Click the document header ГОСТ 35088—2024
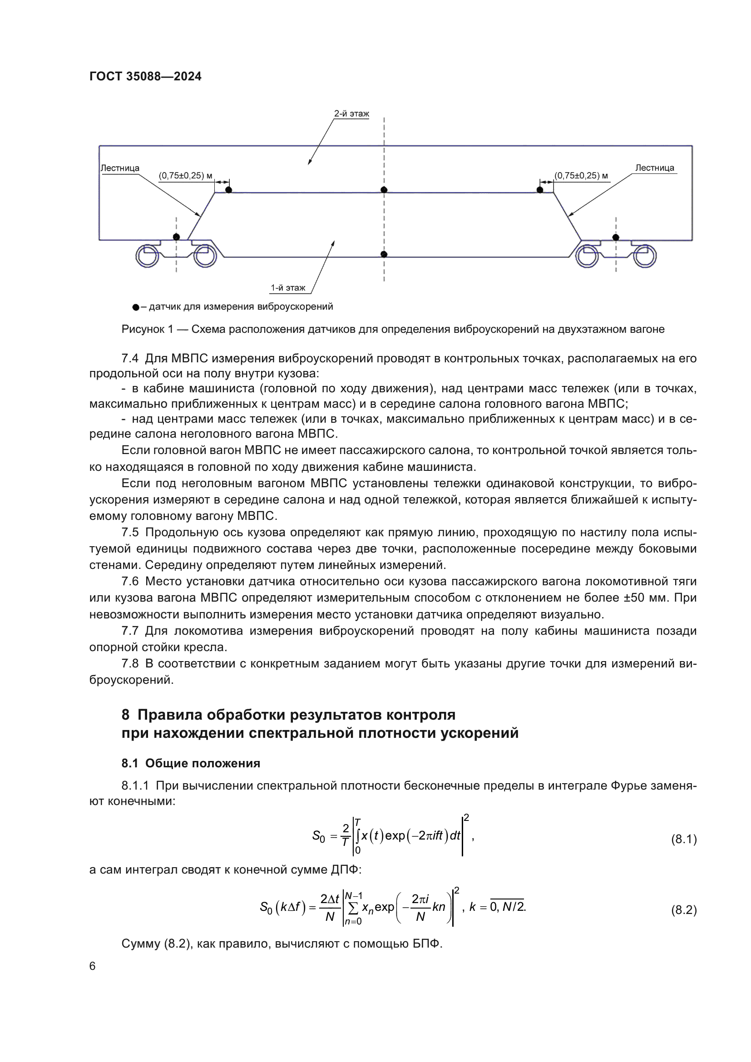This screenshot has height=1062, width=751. [x=145, y=76]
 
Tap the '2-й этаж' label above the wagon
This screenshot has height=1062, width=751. [x=351, y=114]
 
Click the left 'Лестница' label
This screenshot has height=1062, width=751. [x=120, y=168]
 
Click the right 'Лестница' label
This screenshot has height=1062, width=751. [x=654, y=168]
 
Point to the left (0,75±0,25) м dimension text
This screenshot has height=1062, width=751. [x=185, y=176]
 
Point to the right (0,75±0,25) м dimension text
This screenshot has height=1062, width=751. [x=581, y=176]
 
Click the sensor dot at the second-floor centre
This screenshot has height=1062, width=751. [x=384, y=190]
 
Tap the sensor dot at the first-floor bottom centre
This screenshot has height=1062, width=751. [x=384, y=254]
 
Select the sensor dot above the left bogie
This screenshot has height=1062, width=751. [x=176, y=237]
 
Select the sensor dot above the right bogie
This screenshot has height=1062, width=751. [x=616, y=237]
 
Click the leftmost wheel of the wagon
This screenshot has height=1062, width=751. [x=147, y=256]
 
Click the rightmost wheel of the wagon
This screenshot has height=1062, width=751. [x=645, y=256]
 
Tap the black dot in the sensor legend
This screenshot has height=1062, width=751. [x=135, y=307]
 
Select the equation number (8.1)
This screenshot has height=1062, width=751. [x=683, y=839]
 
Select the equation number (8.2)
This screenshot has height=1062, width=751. [x=683, y=910]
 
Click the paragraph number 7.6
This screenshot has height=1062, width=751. [x=130, y=582]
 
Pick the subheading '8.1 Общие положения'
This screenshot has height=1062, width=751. [x=191, y=763]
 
